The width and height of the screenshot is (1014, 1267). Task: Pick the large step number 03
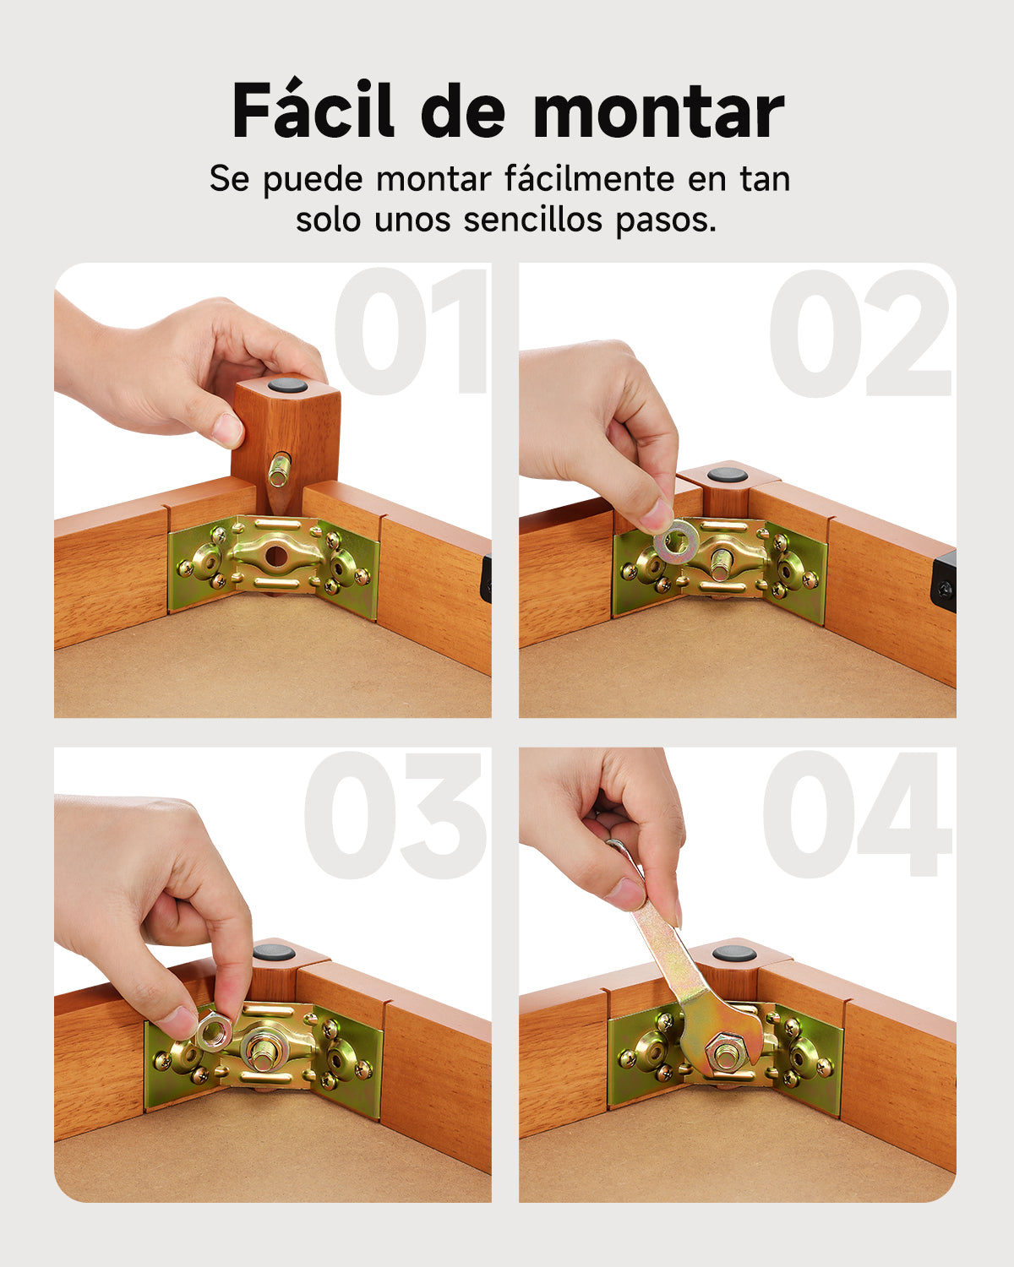[x=395, y=816]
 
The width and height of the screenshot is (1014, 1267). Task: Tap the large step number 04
[x=857, y=816]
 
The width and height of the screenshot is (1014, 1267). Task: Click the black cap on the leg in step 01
[x=288, y=387]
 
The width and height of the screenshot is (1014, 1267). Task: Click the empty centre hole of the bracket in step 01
[x=275, y=555]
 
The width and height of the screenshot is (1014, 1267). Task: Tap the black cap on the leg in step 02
[x=727, y=474]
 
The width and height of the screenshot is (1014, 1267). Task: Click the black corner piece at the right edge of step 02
[x=944, y=581]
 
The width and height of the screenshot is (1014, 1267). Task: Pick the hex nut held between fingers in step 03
[x=214, y=1030]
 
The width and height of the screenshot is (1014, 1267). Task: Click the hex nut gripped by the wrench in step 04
[x=725, y=1052]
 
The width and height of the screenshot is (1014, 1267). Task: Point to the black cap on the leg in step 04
[x=733, y=954]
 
